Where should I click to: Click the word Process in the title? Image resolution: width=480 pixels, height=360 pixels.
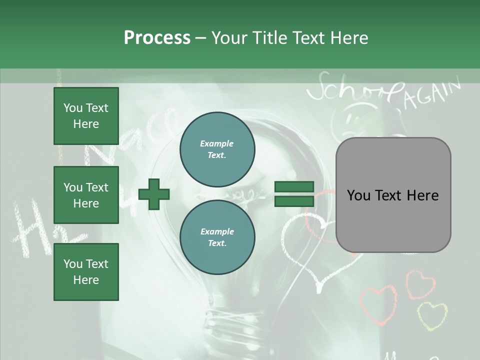[157, 38]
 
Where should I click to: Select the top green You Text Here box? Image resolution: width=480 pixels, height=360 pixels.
[86, 116]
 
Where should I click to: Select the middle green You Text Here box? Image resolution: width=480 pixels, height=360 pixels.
[86, 195]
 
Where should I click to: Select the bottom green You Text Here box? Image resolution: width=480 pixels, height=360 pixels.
[86, 271]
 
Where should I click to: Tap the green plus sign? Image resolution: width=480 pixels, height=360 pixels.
[154, 194]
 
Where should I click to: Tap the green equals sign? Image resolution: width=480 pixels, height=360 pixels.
[294, 194]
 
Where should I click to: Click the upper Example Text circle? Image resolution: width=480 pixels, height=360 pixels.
[217, 149]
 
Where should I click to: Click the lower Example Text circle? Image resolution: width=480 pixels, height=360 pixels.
[217, 237]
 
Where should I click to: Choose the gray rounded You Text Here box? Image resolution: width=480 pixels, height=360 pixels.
[393, 195]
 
